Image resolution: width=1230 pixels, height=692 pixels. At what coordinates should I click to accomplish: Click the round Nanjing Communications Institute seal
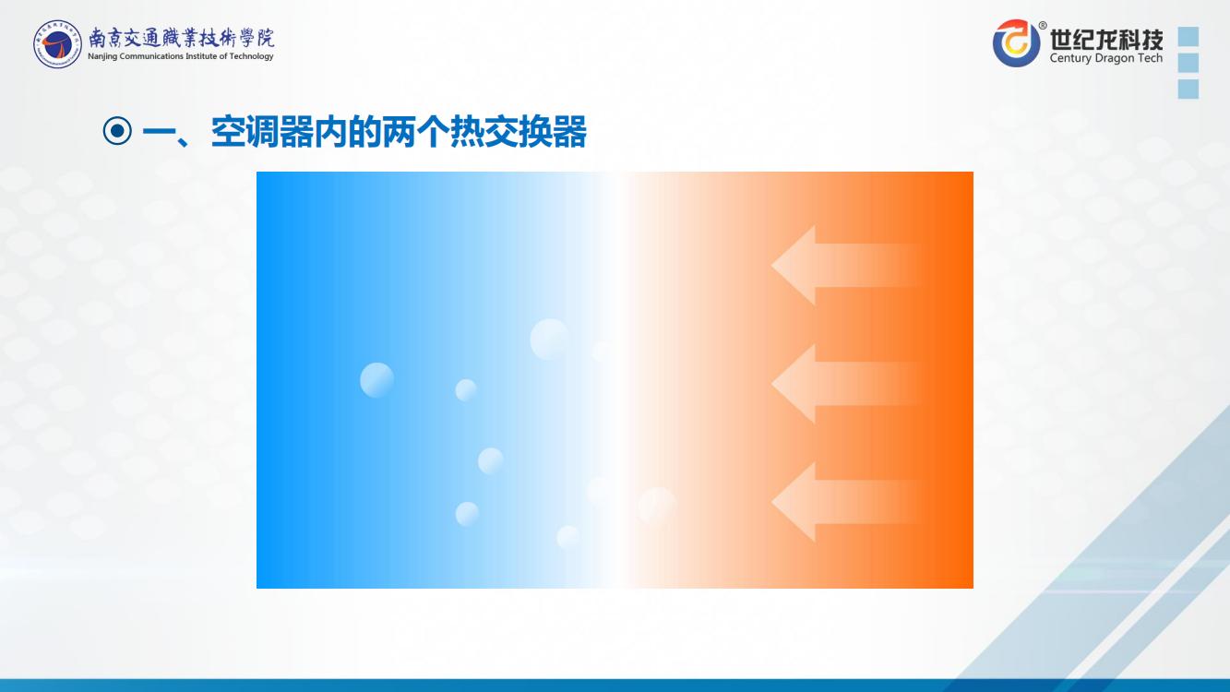pos(57,44)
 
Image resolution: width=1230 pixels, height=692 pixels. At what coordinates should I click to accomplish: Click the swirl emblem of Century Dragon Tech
pos(1016,43)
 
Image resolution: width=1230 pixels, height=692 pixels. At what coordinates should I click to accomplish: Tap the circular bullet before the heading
pos(117,131)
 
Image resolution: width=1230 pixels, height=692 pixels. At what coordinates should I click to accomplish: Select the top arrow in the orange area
pos(845,266)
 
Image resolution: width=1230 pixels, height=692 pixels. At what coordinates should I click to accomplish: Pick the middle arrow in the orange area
pos(845,384)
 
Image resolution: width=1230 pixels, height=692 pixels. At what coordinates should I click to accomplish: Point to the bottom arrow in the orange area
pos(845,502)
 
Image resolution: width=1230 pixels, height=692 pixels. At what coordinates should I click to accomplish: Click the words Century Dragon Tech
pos(1106,58)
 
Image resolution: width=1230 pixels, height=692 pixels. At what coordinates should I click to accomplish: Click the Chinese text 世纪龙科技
pos(1106,39)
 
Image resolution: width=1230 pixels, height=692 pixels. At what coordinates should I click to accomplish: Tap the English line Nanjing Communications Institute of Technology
pos(181,56)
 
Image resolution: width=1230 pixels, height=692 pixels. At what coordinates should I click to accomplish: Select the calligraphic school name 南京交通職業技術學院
pos(181,38)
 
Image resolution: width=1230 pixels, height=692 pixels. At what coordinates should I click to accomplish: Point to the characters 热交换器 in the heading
pos(519,132)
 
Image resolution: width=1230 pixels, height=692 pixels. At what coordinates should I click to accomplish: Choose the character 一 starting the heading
pos(159,132)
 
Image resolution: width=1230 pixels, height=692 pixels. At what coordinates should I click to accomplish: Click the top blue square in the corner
pos(1188,37)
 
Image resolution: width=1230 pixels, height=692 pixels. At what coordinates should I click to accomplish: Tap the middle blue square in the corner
pos(1188,63)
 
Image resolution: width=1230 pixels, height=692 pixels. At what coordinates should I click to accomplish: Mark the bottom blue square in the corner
pos(1188,89)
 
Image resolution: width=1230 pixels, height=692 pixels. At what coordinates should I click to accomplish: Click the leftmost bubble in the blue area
pos(376,379)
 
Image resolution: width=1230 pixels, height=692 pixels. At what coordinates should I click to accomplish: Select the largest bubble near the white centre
pos(550,339)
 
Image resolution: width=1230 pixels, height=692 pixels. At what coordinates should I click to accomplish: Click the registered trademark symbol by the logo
pos(1042,25)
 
